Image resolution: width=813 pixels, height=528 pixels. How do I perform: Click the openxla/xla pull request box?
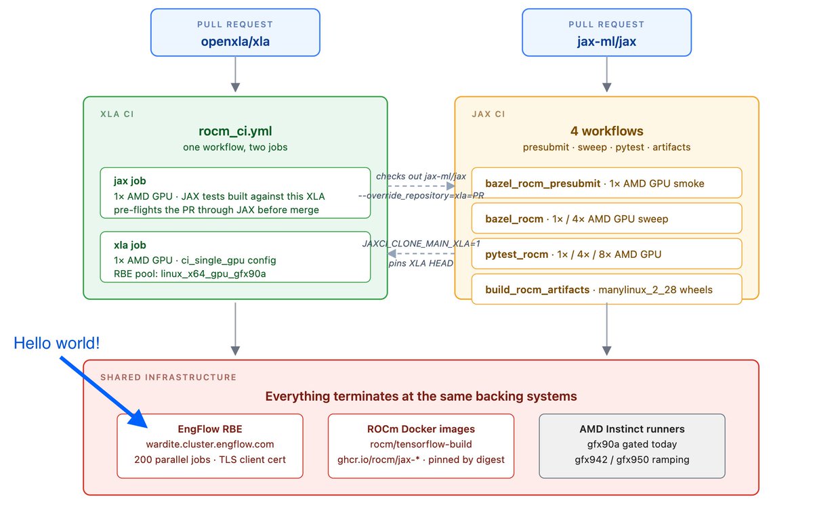(235, 32)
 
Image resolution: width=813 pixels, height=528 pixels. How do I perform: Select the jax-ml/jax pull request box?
(606, 32)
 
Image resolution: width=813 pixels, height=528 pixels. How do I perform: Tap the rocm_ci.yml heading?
(235, 131)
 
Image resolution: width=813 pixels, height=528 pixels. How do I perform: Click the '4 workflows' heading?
(606, 131)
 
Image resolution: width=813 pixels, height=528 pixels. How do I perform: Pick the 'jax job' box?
(235, 193)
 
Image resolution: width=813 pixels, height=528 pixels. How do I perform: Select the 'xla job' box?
(235, 257)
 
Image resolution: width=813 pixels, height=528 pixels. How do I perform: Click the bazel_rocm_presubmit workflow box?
(606, 183)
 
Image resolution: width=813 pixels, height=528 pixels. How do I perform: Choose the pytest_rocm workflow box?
(606, 254)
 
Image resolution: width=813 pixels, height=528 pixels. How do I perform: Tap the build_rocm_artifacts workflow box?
(606, 290)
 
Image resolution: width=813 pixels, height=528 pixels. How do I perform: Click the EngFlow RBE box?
(210, 446)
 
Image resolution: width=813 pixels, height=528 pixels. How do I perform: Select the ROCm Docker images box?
(421, 446)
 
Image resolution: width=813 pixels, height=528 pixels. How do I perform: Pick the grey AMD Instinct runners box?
(632, 446)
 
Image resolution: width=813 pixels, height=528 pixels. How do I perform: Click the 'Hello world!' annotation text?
(57, 343)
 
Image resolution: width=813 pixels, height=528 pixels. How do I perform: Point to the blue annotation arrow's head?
(140, 420)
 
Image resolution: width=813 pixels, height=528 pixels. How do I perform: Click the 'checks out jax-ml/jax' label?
(421, 176)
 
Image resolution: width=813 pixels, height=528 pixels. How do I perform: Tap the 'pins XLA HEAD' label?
(421, 263)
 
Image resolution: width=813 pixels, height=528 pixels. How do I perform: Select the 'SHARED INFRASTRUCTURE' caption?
(169, 377)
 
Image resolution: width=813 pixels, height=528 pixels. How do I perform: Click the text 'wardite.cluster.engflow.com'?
(210, 444)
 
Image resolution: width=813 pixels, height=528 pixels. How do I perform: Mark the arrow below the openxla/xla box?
(235, 74)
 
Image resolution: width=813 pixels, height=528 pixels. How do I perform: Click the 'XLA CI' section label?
(117, 114)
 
